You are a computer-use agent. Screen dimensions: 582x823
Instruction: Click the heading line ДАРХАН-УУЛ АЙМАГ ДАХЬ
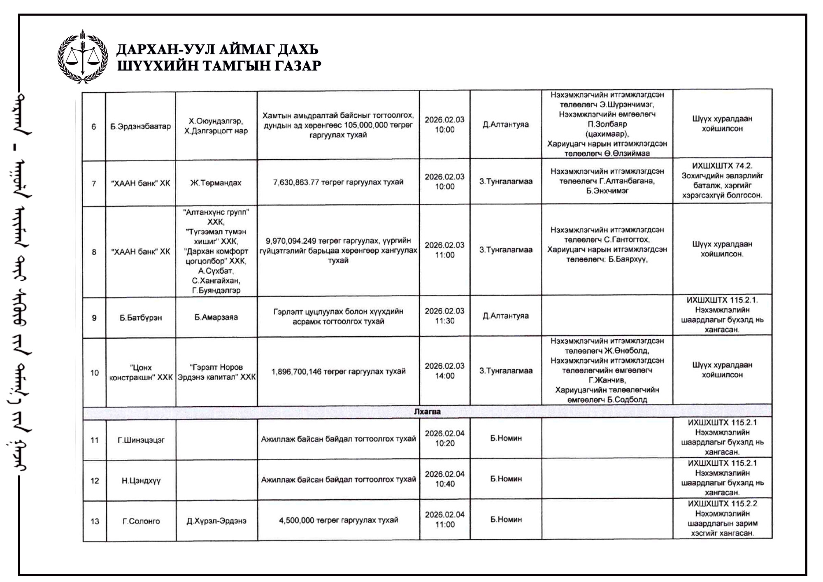click(x=217, y=49)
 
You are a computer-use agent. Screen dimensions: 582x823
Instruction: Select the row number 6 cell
click(x=94, y=126)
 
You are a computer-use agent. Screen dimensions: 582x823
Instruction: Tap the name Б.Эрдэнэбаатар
click(x=140, y=126)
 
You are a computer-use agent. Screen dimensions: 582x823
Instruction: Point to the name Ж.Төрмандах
click(x=216, y=183)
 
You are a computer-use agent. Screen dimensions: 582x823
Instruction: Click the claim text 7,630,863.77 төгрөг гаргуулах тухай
click(x=338, y=182)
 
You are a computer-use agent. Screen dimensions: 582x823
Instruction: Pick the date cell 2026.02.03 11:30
click(x=444, y=316)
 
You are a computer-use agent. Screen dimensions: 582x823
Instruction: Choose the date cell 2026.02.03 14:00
click(x=444, y=371)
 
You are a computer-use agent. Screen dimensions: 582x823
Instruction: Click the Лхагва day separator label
click(x=427, y=412)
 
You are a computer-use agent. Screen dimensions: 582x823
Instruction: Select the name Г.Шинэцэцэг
click(x=141, y=440)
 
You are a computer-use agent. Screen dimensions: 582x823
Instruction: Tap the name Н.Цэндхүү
click(x=141, y=480)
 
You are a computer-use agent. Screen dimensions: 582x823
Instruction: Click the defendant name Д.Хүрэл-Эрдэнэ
click(x=216, y=521)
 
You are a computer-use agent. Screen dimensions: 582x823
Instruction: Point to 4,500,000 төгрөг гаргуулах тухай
click(x=338, y=520)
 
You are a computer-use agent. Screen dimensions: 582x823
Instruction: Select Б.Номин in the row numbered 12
click(x=506, y=479)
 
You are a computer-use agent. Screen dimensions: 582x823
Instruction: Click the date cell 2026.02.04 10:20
click(x=444, y=438)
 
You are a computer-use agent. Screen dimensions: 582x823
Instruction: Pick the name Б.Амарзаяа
click(x=216, y=317)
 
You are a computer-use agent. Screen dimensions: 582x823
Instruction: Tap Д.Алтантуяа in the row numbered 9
click(x=506, y=316)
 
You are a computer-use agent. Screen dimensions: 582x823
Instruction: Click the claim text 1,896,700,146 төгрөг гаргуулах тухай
click(x=338, y=371)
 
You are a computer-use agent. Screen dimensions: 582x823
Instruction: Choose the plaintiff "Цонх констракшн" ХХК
click(x=141, y=372)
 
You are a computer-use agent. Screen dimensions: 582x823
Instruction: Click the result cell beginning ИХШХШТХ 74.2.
click(x=722, y=181)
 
